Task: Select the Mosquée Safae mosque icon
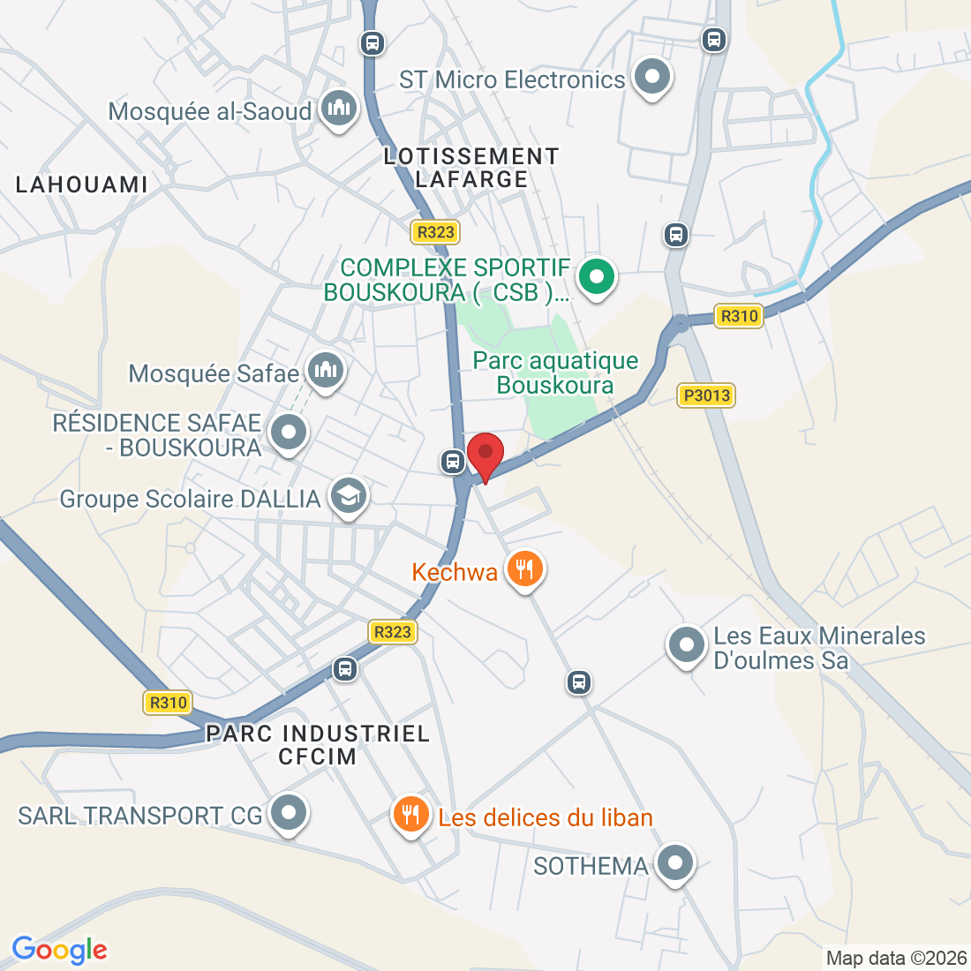tap(325, 370)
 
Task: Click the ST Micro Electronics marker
tap(652, 77)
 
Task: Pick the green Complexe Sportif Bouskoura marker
tap(597, 277)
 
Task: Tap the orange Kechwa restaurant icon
tap(525, 568)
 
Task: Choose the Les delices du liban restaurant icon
tap(410, 814)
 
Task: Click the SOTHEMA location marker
tap(675, 862)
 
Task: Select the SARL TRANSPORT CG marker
tap(288, 813)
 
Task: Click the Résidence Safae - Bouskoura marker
tap(288, 433)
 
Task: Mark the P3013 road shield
tap(706, 395)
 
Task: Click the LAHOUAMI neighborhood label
tap(82, 184)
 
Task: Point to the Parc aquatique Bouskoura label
tap(555, 373)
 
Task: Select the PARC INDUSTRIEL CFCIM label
tap(318, 744)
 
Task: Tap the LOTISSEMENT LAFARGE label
tap(471, 168)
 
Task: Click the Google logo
tap(59, 950)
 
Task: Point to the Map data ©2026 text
tap(896, 958)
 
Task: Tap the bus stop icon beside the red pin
tap(453, 461)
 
